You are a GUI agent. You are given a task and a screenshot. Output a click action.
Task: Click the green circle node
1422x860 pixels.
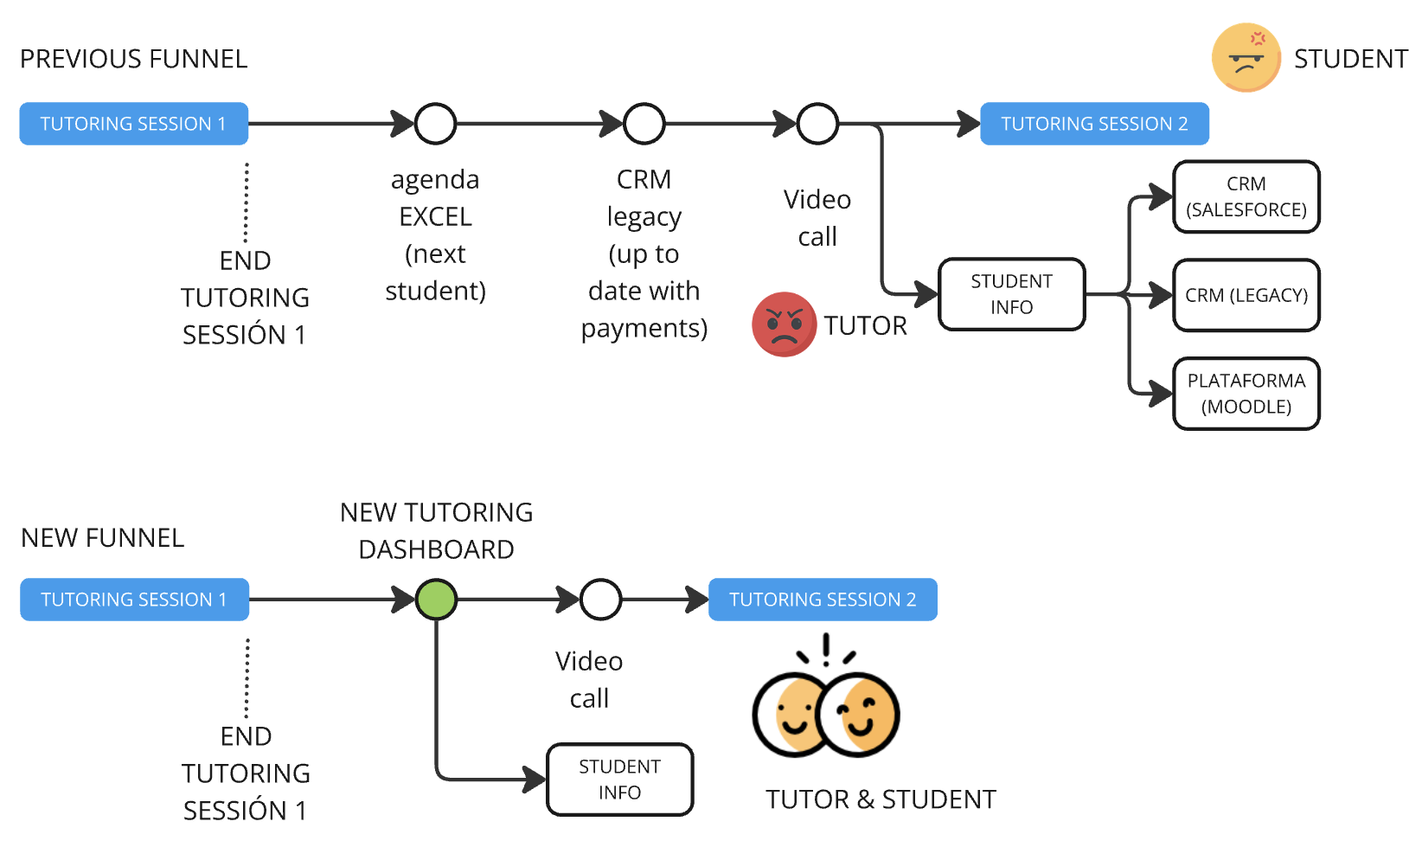[436, 600]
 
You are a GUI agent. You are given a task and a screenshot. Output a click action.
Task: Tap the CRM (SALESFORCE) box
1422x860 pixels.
[1246, 197]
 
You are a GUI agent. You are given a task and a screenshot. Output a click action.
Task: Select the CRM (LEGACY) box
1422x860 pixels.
[1246, 295]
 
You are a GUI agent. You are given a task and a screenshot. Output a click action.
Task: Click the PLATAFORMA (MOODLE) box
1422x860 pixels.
[1246, 394]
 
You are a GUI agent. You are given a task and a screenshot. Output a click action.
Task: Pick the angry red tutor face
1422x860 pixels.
[784, 324]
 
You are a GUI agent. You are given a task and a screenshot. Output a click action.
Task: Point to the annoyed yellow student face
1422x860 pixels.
[1246, 58]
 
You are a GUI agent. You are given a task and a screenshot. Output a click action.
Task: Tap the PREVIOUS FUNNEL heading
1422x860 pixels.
[134, 59]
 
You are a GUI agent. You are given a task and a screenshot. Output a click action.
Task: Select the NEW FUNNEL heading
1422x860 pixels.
[103, 538]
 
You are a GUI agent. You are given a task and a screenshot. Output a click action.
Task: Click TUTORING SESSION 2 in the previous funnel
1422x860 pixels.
[1094, 124]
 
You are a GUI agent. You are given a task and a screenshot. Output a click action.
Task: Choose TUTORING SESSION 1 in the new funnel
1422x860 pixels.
[134, 600]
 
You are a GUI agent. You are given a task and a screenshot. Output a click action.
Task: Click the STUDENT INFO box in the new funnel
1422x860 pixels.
[620, 780]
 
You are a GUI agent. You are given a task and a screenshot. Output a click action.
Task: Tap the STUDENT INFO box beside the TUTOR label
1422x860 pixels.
[1011, 294]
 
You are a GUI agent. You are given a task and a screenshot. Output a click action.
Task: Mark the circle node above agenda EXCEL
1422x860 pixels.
[435, 124]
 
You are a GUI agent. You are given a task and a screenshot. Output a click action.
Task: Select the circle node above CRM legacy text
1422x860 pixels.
[644, 124]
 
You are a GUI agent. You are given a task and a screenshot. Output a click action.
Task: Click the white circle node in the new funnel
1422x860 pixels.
[601, 600]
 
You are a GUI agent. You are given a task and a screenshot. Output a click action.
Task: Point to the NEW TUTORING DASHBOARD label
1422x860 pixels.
[437, 530]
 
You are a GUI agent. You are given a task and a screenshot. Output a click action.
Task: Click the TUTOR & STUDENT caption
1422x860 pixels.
[881, 799]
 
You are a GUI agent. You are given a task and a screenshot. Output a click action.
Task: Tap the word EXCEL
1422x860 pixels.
[435, 216]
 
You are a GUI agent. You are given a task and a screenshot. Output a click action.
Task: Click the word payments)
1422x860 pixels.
[644, 328]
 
